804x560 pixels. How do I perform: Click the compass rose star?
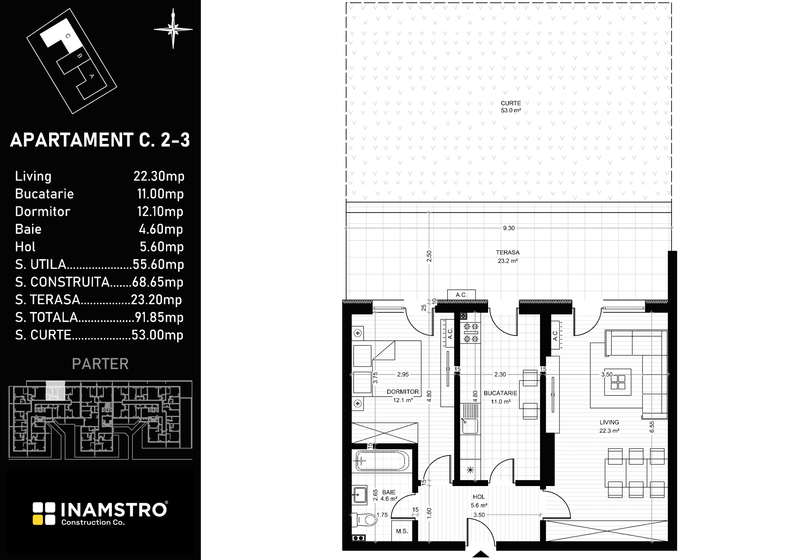click(x=173, y=29)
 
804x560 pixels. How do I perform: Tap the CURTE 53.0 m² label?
click(x=511, y=107)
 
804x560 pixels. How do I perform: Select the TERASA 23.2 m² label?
click(x=508, y=257)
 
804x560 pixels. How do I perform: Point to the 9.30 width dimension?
click(x=509, y=228)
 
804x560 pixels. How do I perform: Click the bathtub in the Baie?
click(x=382, y=461)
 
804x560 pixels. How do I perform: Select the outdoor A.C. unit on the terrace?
click(x=461, y=295)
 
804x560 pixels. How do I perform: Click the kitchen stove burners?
click(x=470, y=332)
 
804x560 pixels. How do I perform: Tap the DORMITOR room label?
click(x=403, y=392)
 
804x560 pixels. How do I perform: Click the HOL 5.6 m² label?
click(x=479, y=501)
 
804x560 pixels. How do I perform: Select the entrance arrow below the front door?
click(x=481, y=554)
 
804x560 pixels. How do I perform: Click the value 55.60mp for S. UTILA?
click(x=158, y=264)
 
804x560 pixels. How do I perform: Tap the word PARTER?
click(x=100, y=364)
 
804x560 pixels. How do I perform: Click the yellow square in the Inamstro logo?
click(x=38, y=520)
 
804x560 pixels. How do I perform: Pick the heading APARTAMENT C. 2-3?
click(x=100, y=140)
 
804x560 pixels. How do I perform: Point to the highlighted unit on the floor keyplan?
click(x=55, y=390)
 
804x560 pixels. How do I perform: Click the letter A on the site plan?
click(x=91, y=76)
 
